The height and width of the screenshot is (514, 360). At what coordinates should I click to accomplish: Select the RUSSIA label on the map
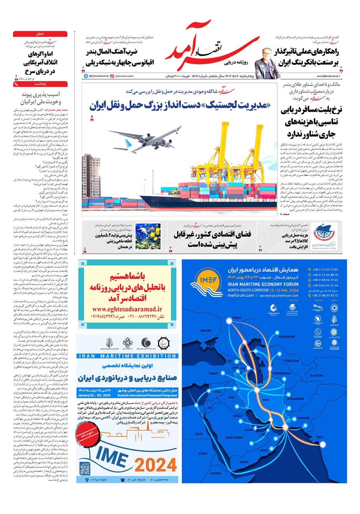point(237,318)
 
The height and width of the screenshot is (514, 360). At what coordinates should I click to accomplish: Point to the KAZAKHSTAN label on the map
point(286,336)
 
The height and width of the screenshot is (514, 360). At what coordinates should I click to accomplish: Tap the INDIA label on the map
point(320,437)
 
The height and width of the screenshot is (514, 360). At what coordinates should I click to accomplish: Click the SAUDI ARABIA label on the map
point(234,437)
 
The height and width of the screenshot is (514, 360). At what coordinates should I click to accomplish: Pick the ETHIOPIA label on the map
point(216,473)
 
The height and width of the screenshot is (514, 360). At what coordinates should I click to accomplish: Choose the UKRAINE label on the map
point(206,330)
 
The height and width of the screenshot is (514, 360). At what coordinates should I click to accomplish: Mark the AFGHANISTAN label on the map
point(296,399)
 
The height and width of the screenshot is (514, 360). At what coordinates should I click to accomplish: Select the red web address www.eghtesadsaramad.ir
point(127,309)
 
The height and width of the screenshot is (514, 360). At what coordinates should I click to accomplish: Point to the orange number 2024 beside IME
point(155,465)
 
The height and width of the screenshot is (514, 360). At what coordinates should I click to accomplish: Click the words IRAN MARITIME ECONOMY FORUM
point(263,284)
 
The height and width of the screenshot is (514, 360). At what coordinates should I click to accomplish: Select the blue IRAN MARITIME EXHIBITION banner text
point(127,356)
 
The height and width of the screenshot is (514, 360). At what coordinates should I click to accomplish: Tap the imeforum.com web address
point(241,295)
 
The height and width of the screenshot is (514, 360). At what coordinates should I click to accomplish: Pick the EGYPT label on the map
point(199,434)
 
